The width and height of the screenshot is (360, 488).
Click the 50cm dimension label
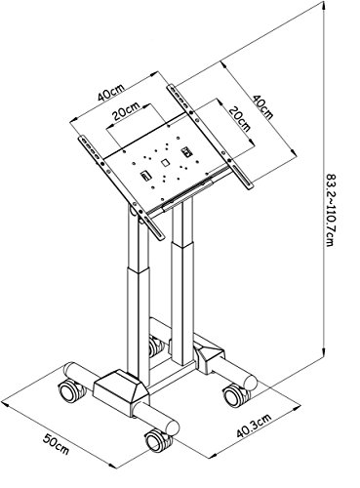pyautogui.click(x=56, y=444)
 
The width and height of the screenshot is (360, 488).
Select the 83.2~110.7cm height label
pyautogui.click(x=331, y=210)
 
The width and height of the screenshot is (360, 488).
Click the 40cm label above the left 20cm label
pyautogui.click(x=110, y=93)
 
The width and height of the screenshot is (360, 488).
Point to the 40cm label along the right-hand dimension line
pyautogui.click(x=262, y=106)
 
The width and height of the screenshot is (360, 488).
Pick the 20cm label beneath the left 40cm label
pyautogui.click(x=126, y=111)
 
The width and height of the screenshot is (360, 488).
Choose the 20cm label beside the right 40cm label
pyautogui.click(x=240, y=119)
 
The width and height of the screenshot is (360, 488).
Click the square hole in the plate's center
pyautogui.click(x=165, y=162)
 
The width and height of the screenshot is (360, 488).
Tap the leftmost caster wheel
pyautogui.click(x=70, y=390)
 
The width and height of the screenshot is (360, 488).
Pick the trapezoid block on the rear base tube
pyautogui.click(x=210, y=357)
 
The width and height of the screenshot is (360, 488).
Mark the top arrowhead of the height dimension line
pyautogui.click(x=324, y=7)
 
